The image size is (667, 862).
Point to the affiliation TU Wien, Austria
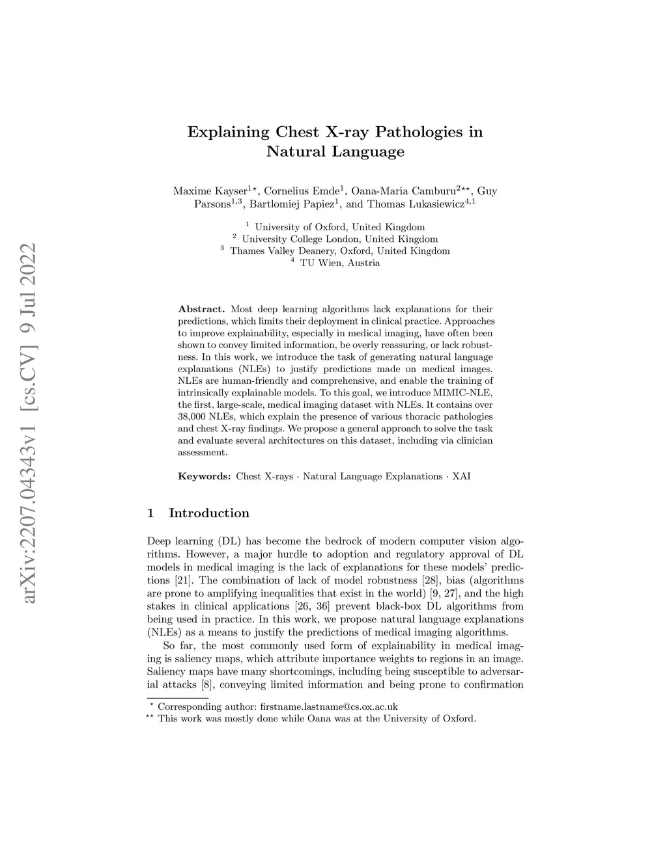point(339,263)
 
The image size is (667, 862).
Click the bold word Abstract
point(201,309)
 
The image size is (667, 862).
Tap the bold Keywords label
point(205,476)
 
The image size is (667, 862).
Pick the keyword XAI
point(461,476)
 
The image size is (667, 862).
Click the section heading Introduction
point(209,513)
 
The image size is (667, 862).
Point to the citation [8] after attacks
point(206,684)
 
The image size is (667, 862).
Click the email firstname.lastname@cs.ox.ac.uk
point(328,707)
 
